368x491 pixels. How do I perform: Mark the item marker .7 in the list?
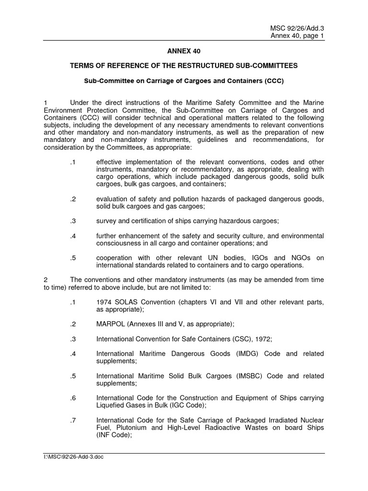click(73, 421)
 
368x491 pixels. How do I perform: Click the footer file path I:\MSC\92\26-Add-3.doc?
click(73, 457)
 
